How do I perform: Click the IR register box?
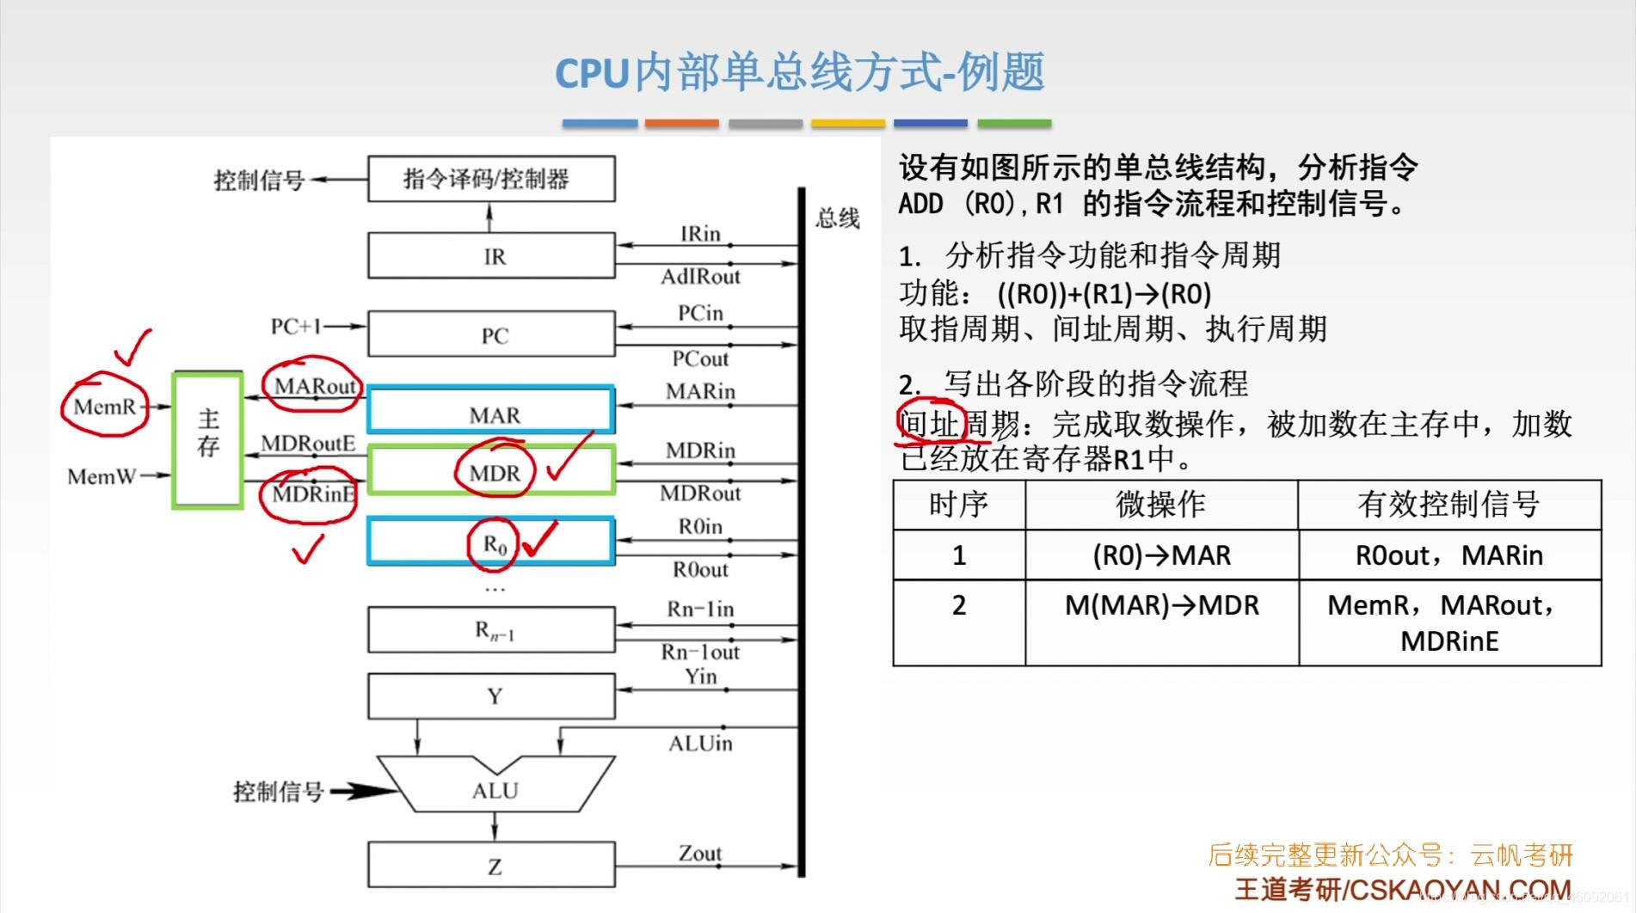pos(491,255)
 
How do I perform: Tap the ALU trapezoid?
pos(495,787)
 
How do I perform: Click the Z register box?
pos(491,865)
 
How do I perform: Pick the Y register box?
pos(491,695)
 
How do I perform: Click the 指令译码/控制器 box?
pos(491,179)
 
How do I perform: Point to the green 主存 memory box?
pos(208,439)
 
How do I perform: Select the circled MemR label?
pos(105,407)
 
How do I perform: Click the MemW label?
pos(101,476)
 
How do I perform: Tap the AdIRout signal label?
pos(700,277)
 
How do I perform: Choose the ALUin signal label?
pos(700,744)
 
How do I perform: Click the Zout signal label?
pos(700,854)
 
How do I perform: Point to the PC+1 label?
pos(296,327)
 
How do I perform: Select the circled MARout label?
pos(315,386)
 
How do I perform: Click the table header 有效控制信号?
pos(1448,505)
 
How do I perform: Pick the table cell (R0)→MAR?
pos(1161,555)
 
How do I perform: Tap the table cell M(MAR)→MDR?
pos(1161,606)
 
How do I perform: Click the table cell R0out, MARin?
pos(1448,555)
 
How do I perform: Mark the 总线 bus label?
pos(837,218)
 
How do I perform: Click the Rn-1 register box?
pos(491,631)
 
